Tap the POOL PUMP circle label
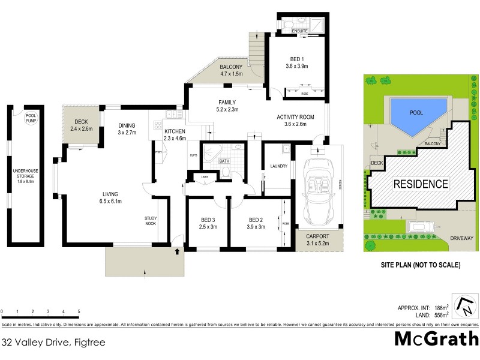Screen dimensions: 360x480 click(x=31, y=118)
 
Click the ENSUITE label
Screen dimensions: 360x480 click(x=299, y=30)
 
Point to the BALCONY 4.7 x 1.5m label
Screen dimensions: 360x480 click(x=231, y=70)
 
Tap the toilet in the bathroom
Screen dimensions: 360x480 click(x=226, y=173)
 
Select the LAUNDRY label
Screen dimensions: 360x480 click(x=280, y=166)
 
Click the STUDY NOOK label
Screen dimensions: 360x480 click(x=151, y=221)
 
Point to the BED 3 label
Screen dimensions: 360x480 click(x=206, y=223)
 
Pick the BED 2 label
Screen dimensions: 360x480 click(x=256, y=223)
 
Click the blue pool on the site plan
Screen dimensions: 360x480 click(x=416, y=114)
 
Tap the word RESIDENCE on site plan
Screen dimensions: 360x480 click(x=421, y=184)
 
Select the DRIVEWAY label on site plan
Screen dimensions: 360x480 click(x=460, y=238)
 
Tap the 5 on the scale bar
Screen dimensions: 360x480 click(x=79, y=311)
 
